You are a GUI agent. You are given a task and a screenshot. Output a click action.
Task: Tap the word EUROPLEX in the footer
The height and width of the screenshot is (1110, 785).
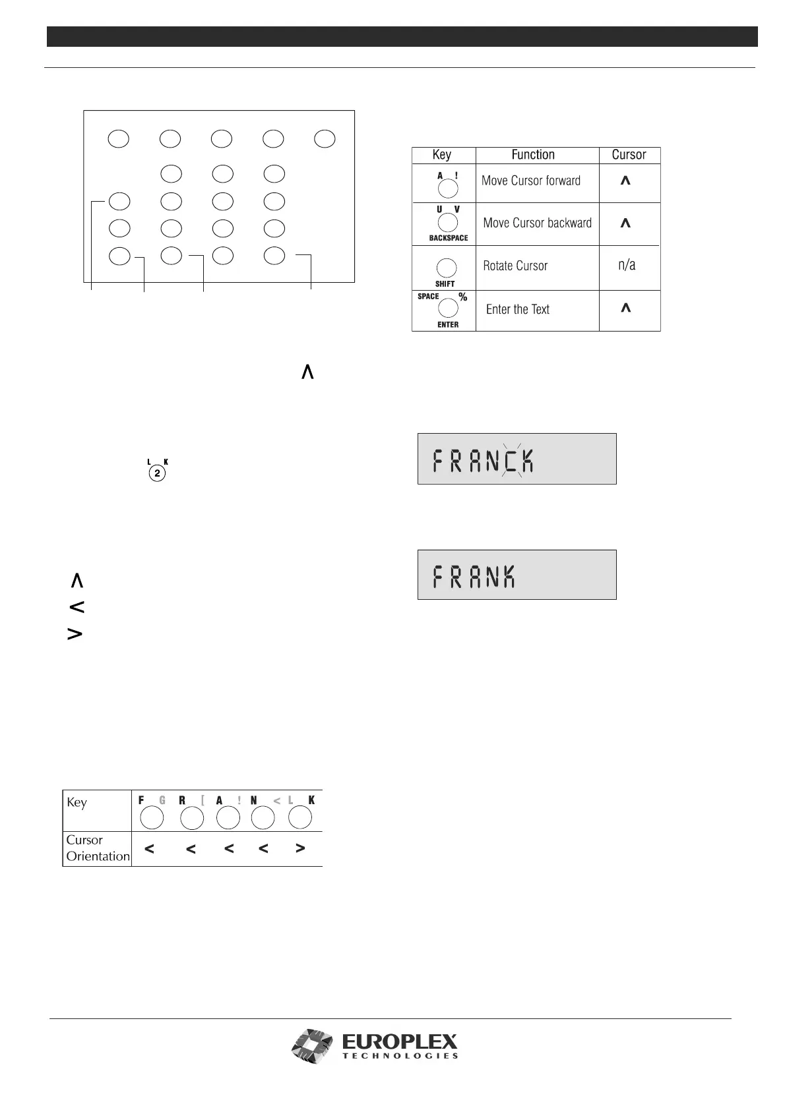click(x=399, y=1042)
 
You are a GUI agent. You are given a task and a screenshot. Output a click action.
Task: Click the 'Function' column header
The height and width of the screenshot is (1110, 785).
click(x=533, y=155)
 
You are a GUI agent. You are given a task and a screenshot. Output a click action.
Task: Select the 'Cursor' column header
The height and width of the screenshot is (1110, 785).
click(x=629, y=155)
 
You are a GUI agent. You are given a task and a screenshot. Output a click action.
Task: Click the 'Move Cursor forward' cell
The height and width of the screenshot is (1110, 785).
click(x=531, y=181)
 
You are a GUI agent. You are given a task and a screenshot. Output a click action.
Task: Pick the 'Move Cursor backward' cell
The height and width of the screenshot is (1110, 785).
click(x=537, y=223)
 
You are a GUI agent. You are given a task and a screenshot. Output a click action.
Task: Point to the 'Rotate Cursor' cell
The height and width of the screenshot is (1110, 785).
click(x=515, y=266)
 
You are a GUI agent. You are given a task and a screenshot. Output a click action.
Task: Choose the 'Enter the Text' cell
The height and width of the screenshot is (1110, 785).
click(x=517, y=310)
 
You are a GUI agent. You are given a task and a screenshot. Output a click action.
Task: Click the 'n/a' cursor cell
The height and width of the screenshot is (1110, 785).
click(x=627, y=265)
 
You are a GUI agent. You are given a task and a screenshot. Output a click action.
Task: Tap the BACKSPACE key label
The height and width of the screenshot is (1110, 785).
click(x=448, y=238)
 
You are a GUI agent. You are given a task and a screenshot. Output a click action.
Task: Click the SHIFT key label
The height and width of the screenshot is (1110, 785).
click(x=445, y=284)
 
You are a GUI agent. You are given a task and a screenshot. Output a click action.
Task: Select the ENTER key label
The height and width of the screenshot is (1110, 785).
click(x=448, y=325)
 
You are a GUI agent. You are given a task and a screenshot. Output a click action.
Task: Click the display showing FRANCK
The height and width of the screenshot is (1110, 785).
click(x=517, y=459)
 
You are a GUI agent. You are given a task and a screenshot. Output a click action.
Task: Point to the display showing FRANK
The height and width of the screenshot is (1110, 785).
click(x=517, y=575)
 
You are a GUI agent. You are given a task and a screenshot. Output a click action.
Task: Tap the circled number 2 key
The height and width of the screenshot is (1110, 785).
click(x=157, y=473)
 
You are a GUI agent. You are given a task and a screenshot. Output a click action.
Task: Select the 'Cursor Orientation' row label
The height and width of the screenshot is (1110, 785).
click(x=98, y=848)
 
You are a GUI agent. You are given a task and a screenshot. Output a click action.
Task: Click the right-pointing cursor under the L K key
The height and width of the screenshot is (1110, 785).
click(x=300, y=849)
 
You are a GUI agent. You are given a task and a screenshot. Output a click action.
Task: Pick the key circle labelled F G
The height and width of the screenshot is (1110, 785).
click(x=152, y=818)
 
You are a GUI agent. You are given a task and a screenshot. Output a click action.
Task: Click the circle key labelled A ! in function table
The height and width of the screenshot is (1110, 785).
click(x=448, y=189)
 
